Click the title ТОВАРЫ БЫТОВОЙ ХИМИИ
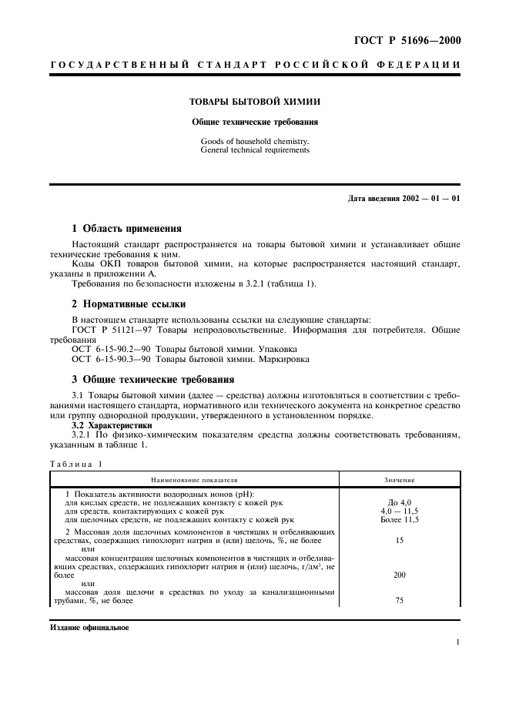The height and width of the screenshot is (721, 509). click(255, 101)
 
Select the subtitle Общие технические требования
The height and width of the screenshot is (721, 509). click(255, 122)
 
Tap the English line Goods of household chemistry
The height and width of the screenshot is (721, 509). click(254, 142)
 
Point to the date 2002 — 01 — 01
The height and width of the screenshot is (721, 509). click(430, 200)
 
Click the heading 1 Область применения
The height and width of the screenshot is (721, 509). click(126, 229)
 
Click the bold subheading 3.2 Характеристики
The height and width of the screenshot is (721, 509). click(111, 425)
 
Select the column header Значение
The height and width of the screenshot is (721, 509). click(400, 480)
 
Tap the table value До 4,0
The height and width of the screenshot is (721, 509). click(400, 502)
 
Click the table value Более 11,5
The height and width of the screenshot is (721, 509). click(400, 520)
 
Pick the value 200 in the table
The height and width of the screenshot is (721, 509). click(400, 575)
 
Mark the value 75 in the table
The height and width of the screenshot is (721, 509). click(400, 600)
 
